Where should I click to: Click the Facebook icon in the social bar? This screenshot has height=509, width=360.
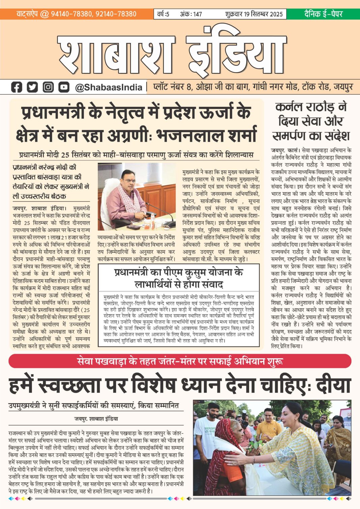click(x=17, y=87)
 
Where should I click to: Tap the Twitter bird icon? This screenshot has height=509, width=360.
click(x=32, y=87)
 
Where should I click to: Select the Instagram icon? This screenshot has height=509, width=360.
click(x=48, y=87)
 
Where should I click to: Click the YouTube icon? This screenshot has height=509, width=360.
click(x=64, y=87)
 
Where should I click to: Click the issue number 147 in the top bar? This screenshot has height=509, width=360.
click(x=198, y=14)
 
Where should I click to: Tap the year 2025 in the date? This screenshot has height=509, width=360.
click(x=273, y=14)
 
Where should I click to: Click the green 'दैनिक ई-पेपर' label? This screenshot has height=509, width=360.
click(x=323, y=14)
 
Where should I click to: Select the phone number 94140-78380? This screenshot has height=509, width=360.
click(x=71, y=14)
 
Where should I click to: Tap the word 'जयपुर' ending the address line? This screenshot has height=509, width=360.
click(x=343, y=87)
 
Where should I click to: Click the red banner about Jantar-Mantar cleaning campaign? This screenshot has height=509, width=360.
click(x=180, y=361)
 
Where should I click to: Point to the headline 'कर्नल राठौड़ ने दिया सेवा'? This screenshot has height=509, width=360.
click(x=311, y=121)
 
